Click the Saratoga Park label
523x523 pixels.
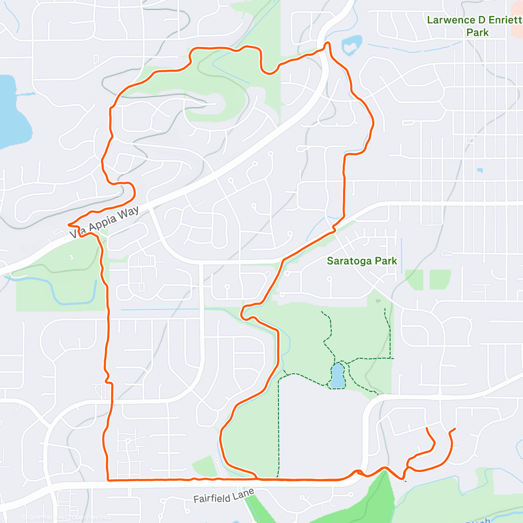point(362,261)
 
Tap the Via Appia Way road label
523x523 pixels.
point(105,222)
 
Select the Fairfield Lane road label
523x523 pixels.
point(224,496)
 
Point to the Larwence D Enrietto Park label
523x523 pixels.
point(474,26)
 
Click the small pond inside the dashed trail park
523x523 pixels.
point(337,376)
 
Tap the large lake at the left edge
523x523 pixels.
point(11,113)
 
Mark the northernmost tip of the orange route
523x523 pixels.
point(327,43)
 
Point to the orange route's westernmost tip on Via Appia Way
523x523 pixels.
point(69,224)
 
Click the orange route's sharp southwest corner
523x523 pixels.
point(108,480)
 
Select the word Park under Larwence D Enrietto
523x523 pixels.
point(477,33)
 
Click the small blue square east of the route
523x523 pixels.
point(480,170)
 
